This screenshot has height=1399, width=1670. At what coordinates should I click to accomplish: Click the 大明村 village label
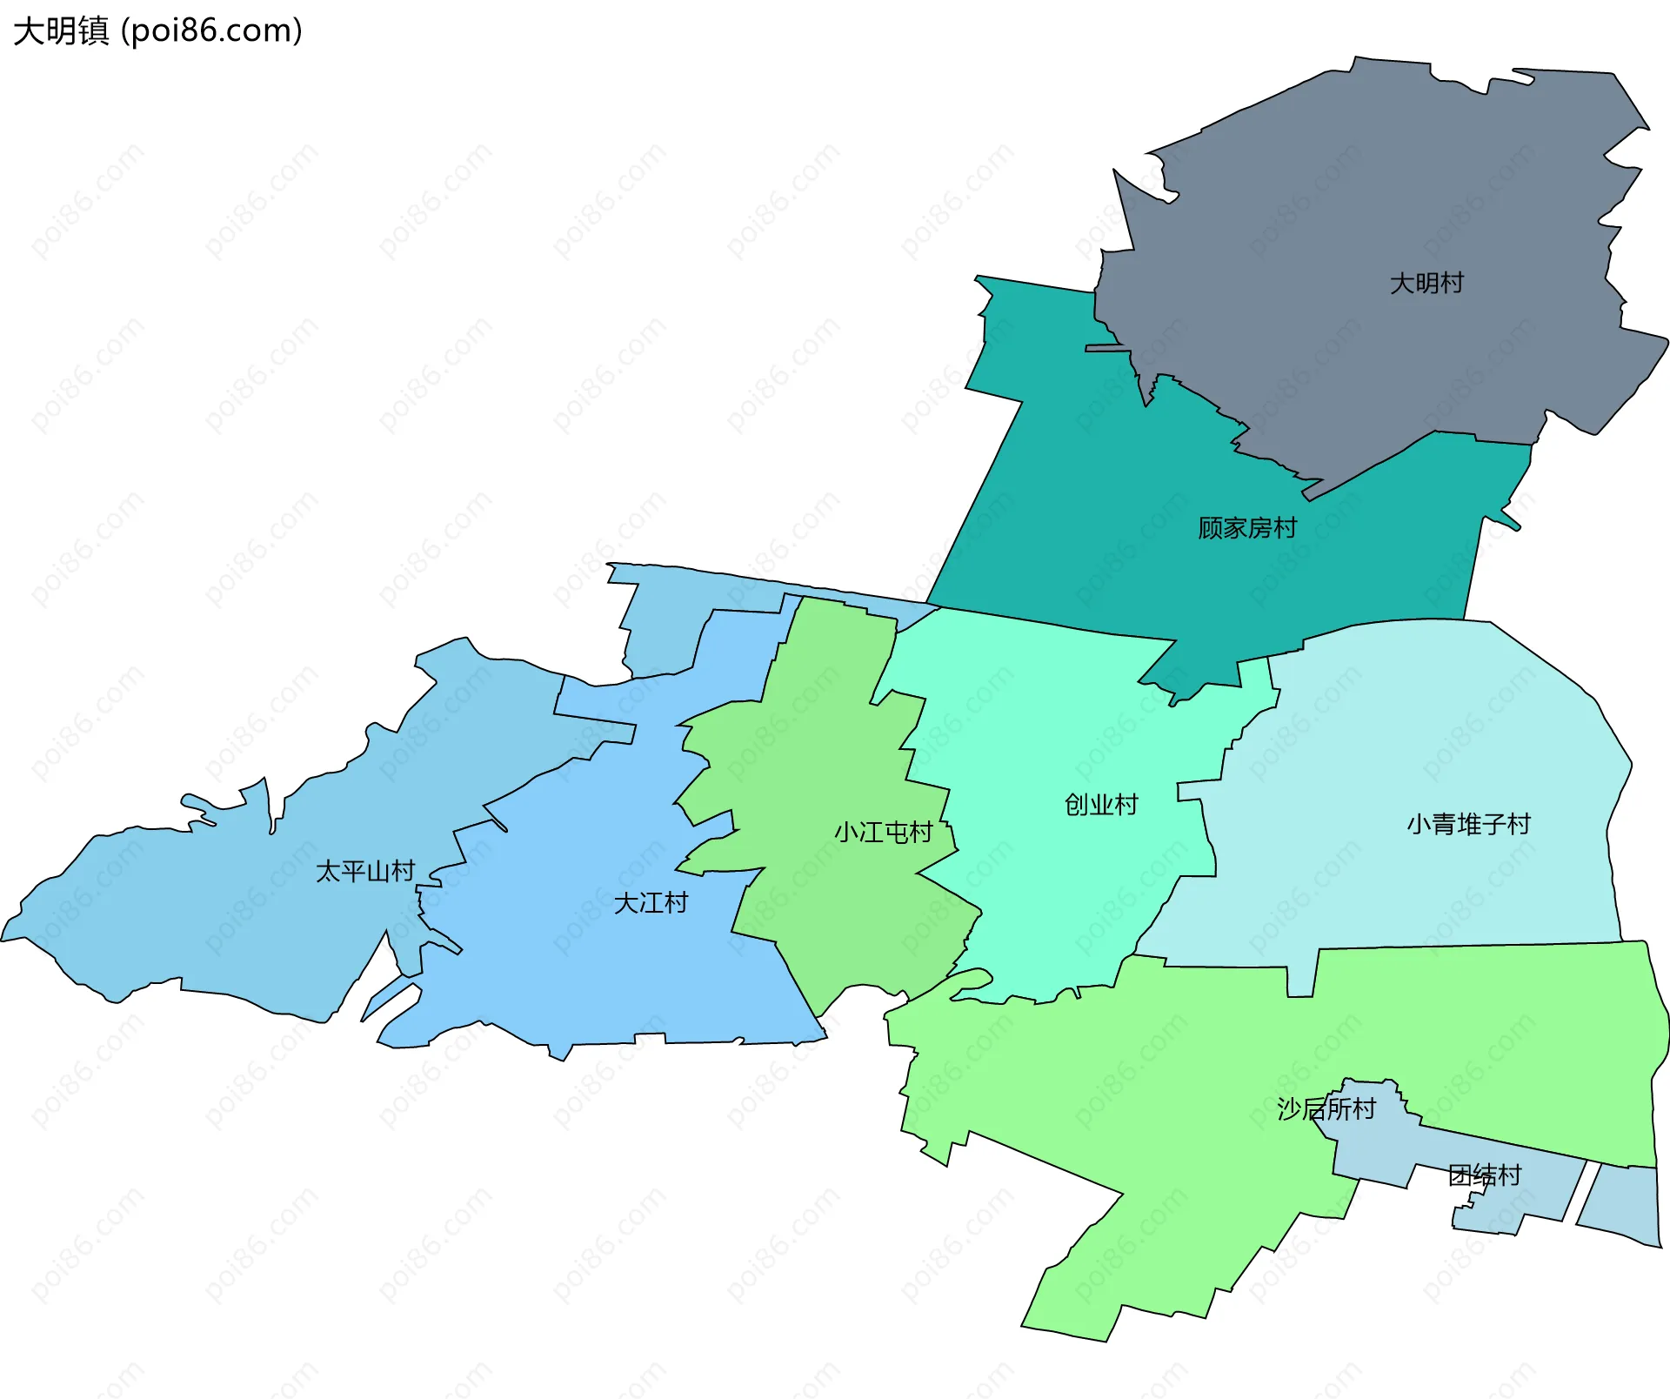click(1426, 283)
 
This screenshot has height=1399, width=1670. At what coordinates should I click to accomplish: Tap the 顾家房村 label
click(1246, 528)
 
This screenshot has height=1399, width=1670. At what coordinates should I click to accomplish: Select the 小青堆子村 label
click(1468, 824)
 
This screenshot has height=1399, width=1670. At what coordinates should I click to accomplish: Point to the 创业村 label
click(1101, 805)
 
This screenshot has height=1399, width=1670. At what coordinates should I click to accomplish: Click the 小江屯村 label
click(883, 833)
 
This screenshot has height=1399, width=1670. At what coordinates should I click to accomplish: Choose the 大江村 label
click(651, 903)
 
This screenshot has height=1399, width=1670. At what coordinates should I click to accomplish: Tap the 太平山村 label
click(365, 871)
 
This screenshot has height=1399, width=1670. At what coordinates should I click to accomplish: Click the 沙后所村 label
click(1326, 1109)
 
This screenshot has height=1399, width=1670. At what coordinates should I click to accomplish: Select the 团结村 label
click(1484, 1175)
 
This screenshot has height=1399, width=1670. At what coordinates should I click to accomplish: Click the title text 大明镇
click(61, 31)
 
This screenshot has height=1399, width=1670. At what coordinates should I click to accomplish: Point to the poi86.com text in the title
click(212, 31)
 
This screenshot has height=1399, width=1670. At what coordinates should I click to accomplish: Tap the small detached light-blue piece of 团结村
click(1622, 1205)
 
